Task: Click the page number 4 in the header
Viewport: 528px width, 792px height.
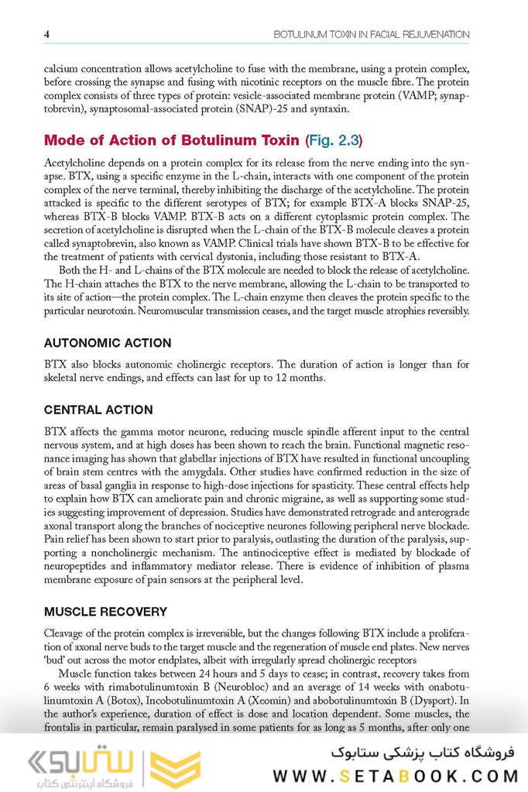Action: click(x=46, y=34)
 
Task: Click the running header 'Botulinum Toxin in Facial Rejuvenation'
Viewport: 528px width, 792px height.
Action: click(x=372, y=34)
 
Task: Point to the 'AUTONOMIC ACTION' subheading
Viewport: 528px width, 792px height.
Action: click(x=108, y=343)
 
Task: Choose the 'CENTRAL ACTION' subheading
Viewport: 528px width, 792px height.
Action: click(x=98, y=410)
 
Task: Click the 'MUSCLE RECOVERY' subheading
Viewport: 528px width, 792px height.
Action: click(x=105, y=612)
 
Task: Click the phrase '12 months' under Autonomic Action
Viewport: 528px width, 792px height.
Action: click(x=299, y=379)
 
